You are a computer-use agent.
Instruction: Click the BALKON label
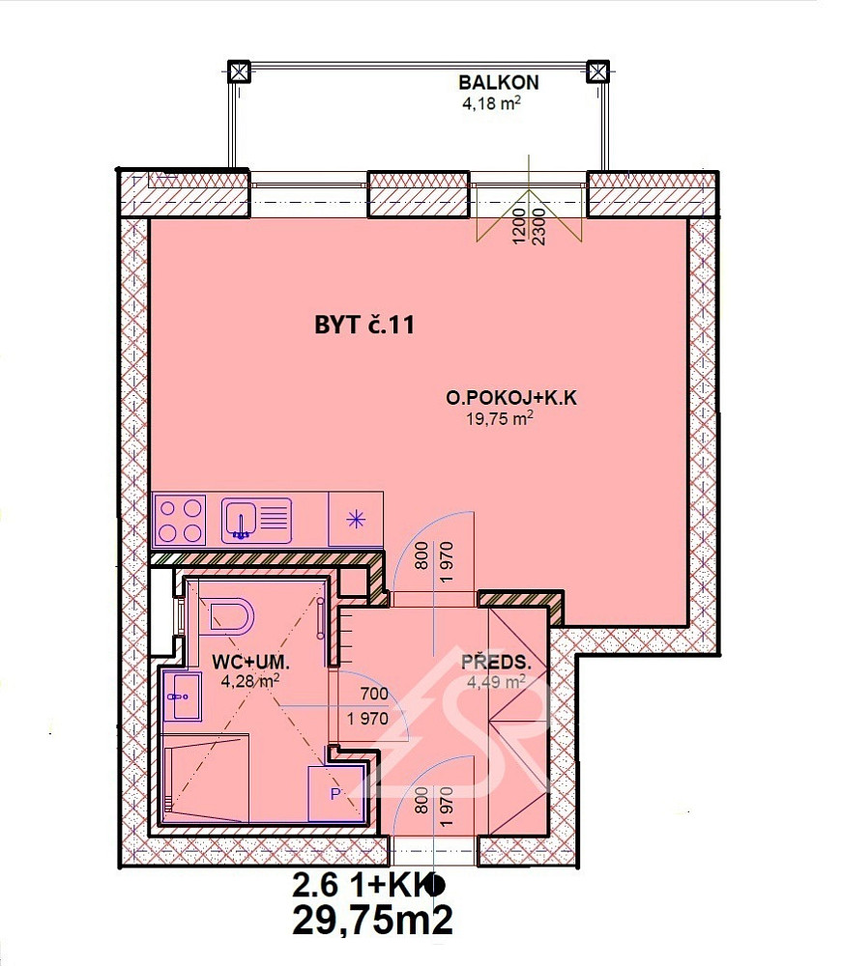tap(498, 82)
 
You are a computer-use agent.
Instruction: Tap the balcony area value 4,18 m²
tap(491, 102)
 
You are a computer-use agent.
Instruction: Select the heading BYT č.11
tap(364, 325)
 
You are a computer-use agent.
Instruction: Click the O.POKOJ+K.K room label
tap(511, 398)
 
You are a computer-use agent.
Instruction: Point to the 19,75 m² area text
tap(499, 419)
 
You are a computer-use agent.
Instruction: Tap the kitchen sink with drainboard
tap(256, 521)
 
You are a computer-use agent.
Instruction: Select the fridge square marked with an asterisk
tap(356, 520)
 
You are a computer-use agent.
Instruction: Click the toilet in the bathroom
tap(231, 616)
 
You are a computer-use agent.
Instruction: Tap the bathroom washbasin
tap(183, 696)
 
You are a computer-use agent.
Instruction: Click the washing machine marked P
tap(335, 793)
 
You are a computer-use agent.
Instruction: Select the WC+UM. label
tap(250, 663)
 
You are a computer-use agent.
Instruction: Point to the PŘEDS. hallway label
tap(496, 663)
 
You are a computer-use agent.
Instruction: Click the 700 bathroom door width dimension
tap(374, 694)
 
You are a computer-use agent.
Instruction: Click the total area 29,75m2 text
tap(373, 921)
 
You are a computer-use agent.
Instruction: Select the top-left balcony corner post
tap(239, 71)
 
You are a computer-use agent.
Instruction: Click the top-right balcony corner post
tap(597, 71)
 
